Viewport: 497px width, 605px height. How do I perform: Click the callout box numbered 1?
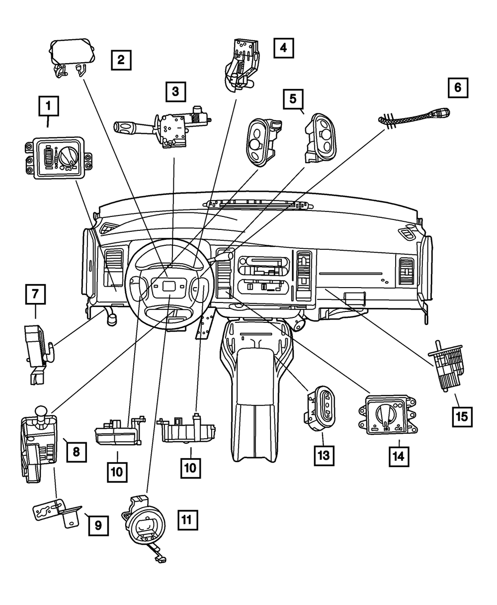pos(48,105)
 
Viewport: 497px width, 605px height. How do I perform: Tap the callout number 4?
pos(283,48)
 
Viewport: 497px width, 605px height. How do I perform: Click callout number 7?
pos(35,294)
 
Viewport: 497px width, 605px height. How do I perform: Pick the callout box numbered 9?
pos(98,524)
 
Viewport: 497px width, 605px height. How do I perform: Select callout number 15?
pos(462,416)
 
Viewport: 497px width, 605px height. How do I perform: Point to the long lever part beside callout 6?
pos(415,117)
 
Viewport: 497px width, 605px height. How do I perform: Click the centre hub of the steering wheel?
pos(169,287)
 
